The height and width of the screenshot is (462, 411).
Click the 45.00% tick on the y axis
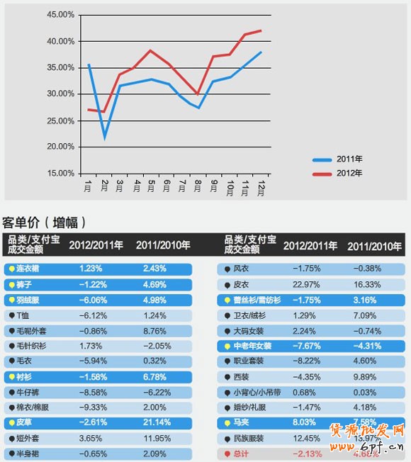[60, 15]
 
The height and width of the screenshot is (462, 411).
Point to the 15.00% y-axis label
[60, 173]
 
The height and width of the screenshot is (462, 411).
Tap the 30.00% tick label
[60, 94]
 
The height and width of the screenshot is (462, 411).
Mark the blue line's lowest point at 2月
[105, 137]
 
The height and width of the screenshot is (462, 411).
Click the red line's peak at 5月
[151, 50]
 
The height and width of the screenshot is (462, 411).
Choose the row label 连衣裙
[28, 269]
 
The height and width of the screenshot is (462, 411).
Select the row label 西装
[242, 376]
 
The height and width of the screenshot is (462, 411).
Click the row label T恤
[23, 315]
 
